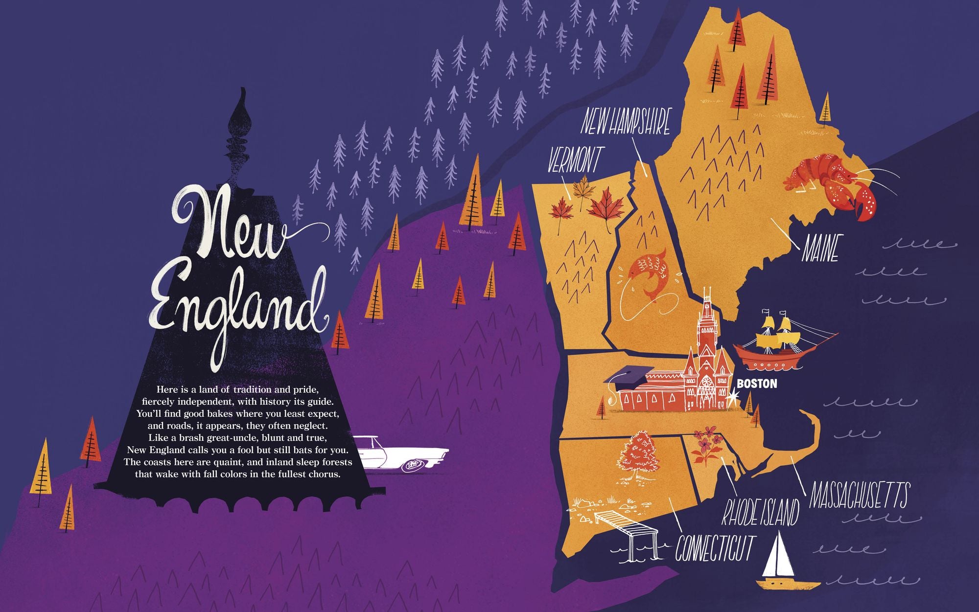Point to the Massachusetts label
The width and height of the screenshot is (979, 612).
[860, 495]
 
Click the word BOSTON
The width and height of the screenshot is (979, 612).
[757, 384]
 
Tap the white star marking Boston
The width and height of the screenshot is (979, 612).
[732, 398]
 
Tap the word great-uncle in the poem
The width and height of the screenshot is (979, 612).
[235, 437]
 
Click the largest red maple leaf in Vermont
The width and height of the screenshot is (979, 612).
[606, 205]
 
